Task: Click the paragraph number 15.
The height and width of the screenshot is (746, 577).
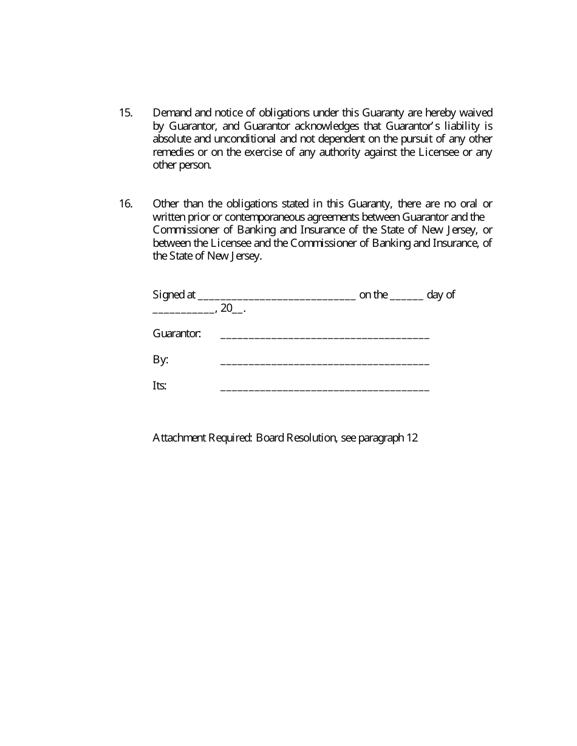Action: pos(125,113)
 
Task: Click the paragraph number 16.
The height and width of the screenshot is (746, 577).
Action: pos(125,204)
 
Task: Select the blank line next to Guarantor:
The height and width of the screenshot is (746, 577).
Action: pos(324,336)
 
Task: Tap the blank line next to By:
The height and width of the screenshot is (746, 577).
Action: pos(324,363)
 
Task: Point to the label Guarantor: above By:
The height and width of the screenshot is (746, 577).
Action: pos(177,334)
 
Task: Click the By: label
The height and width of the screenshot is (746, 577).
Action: pos(160,360)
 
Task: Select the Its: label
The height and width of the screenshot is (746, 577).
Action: pos(159,386)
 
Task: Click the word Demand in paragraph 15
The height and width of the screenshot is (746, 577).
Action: pos(172,113)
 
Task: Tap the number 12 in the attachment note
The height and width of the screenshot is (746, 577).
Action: pos(412,437)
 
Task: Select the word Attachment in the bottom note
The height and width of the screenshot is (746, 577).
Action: pos(179,437)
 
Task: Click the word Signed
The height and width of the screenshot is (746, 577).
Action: pos(168,295)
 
